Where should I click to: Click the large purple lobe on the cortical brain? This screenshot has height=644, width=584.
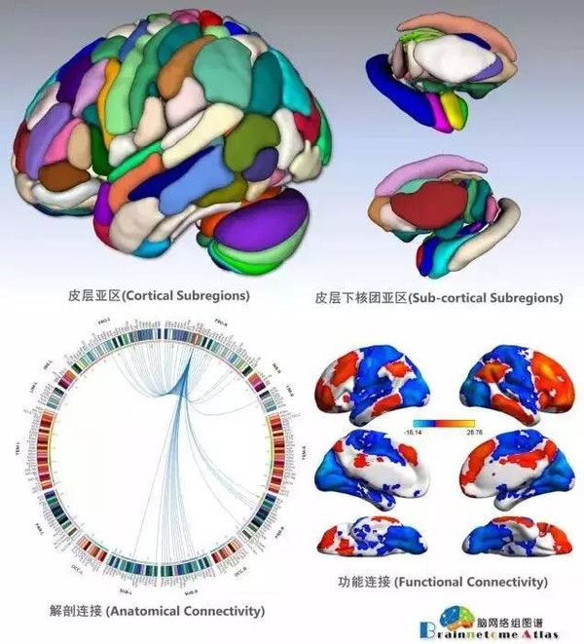tap(263, 223)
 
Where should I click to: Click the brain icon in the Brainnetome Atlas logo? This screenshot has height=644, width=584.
tap(453, 615)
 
